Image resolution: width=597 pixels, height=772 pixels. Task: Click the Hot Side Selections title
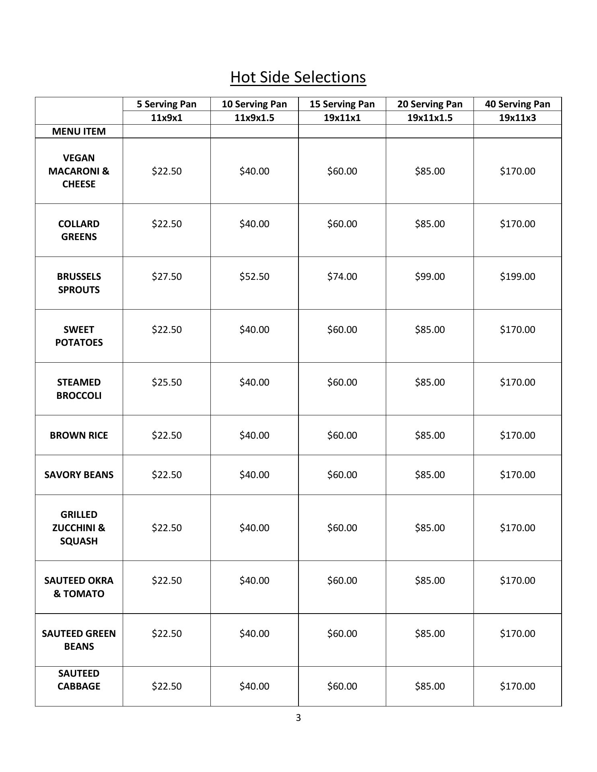coord(298,77)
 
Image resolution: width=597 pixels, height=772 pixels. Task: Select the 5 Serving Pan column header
coord(167,104)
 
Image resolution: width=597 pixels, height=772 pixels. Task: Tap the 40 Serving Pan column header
coord(517,104)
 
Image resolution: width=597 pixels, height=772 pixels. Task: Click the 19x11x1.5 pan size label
coord(430,118)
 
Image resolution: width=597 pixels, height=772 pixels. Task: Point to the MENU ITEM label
coord(79,131)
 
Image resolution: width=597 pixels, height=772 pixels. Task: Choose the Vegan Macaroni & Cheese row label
coord(79,171)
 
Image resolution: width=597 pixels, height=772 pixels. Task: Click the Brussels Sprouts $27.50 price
coord(167,277)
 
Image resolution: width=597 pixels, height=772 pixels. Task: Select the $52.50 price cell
coord(254,277)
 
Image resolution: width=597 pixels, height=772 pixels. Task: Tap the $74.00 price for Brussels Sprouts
coord(342,277)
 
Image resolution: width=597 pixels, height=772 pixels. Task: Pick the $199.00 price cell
coord(517,277)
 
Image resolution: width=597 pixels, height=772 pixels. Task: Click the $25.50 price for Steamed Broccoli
coord(167,382)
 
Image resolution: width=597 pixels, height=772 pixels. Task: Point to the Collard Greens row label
coord(79,230)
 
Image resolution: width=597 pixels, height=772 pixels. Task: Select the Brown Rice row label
coord(79,435)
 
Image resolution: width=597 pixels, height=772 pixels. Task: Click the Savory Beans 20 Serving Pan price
coord(430,475)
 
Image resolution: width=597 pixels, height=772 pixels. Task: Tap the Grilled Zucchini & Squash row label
coord(79,528)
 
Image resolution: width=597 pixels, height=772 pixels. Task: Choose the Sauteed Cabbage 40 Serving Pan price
coord(517,686)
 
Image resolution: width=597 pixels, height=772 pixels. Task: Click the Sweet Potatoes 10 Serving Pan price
coord(254,330)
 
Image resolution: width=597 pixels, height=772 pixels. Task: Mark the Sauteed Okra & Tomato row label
coord(79,587)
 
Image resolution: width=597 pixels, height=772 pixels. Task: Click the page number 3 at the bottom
coord(298,718)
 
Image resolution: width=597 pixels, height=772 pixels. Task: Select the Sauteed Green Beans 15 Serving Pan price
coord(342,633)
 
